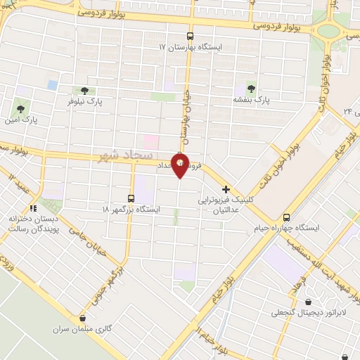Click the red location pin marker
click(180, 165)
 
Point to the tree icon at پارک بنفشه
click(251, 89)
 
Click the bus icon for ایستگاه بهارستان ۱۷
click(190, 35)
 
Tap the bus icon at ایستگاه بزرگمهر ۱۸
click(131, 198)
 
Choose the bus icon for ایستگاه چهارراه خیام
click(286, 217)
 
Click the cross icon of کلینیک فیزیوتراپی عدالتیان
click(226, 189)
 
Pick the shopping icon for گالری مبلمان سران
click(84, 318)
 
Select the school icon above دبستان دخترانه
click(32, 208)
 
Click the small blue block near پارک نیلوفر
click(53, 84)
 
